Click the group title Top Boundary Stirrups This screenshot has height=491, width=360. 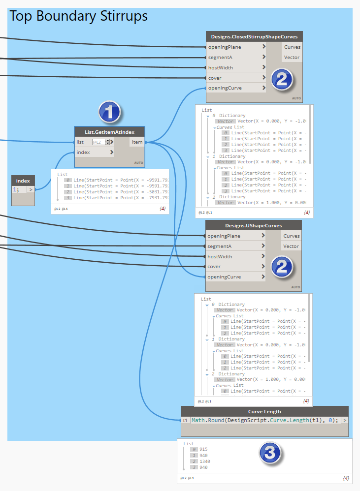pyautogui.click(x=79, y=16)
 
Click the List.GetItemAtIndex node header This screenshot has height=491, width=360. pyautogui.click(x=110, y=131)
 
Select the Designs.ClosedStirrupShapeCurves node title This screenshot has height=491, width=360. pyautogui.click(x=254, y=36)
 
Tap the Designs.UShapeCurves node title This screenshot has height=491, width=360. pyautogui.click(x=253, y=225)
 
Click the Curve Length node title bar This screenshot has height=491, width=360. pyautogui.click(x=264, y=411)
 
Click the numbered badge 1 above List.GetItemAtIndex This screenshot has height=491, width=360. pyautogui.click(x=109, y=112)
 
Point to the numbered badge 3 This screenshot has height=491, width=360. pyautogui.click(x=270, y=453)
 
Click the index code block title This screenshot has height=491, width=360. pyautogui.click(x=23, y=181)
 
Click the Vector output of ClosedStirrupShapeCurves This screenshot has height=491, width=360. pyautogui.click(x=292, y=58)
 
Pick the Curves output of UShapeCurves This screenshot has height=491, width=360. pyautogui.click(x=292, y=236)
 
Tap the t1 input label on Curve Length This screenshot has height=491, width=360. pyautogui.click(x=185, y=421)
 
